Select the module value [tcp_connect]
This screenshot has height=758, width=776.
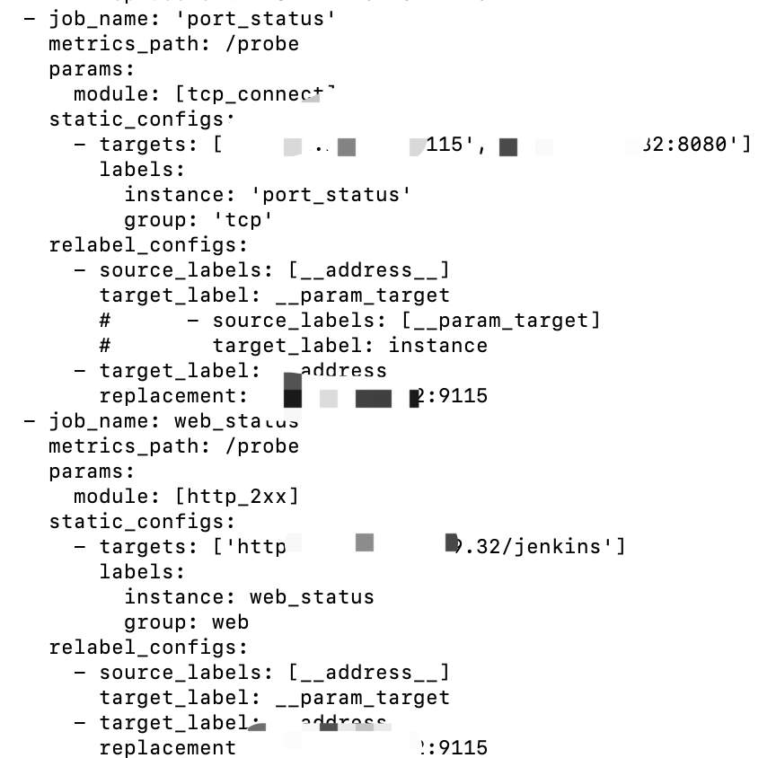255,93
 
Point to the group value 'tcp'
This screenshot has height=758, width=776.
242,219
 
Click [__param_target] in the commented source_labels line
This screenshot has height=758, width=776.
500,320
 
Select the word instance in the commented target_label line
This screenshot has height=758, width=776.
437,345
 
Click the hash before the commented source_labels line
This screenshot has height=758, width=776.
105,320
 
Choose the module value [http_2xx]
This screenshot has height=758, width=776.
236,496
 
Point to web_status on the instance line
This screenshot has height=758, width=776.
312,596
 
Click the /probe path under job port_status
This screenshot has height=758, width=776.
261,43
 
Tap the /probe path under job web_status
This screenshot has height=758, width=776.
261,445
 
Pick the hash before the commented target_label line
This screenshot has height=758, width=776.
105,345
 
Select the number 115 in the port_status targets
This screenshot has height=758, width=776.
444,144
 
